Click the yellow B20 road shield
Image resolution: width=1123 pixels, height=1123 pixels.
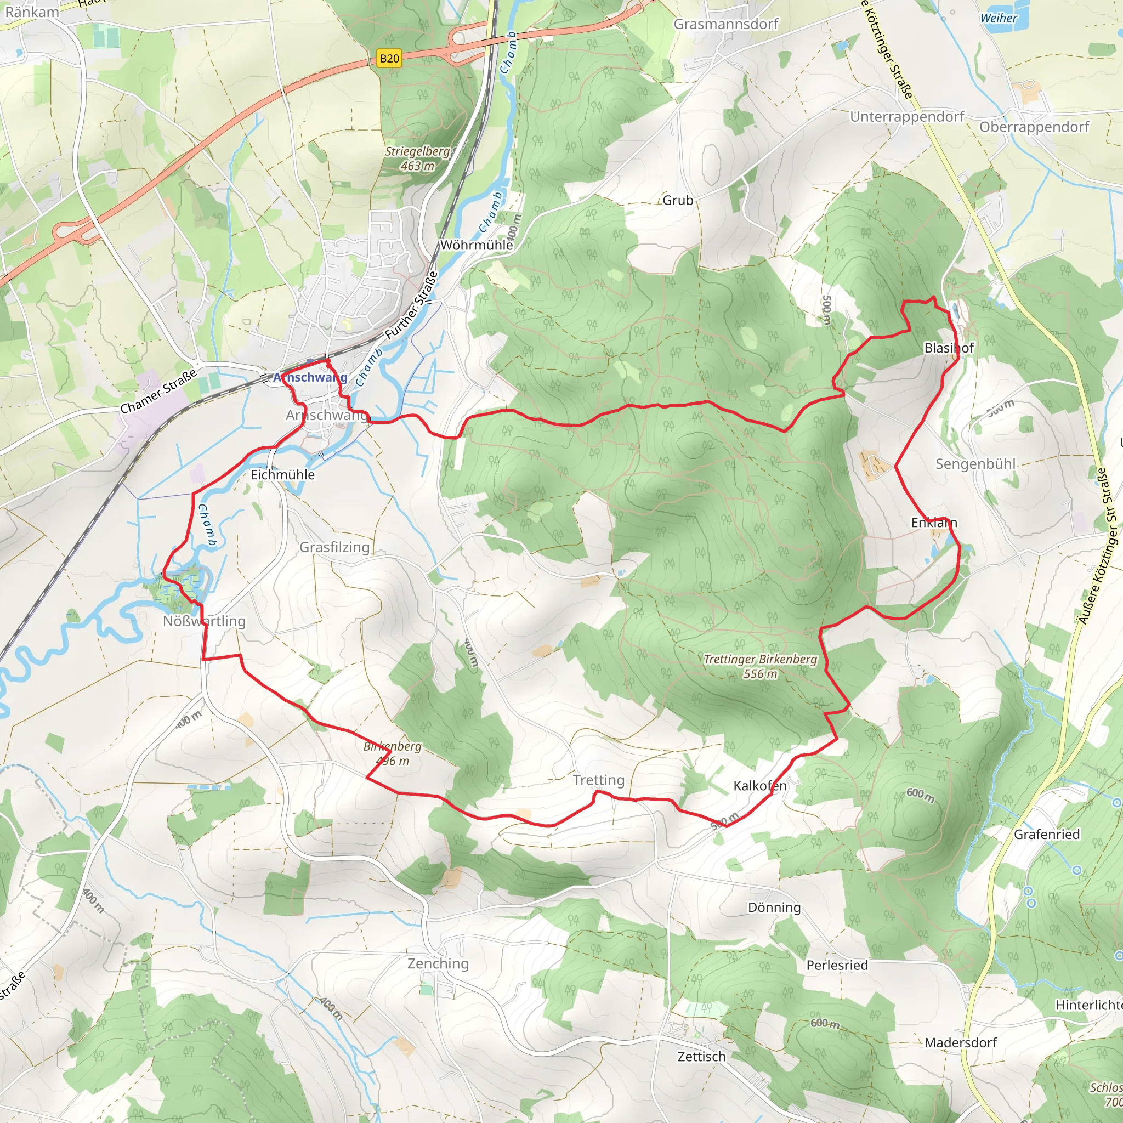point(389,58)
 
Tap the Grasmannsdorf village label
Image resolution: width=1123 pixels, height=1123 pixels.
point(725,24)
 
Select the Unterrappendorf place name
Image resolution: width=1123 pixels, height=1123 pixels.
point(907,117)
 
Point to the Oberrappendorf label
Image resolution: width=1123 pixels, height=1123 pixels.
point(1034,127)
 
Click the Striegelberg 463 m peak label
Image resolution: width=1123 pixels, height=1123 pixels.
point(417,158)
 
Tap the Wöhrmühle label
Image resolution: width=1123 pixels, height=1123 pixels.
point(476,245)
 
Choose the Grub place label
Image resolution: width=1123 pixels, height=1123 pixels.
point(678,200)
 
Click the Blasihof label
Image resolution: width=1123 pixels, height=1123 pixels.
point(949,348)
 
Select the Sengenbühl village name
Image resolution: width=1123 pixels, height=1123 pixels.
point(975,464)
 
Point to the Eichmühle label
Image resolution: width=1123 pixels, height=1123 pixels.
point(282,474)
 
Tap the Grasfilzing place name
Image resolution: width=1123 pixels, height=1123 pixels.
point(334,547)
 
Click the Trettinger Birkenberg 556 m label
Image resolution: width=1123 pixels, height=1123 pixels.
point(761,666)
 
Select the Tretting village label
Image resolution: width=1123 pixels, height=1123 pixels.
point(598,780)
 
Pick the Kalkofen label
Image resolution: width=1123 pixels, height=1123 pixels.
point(759,785)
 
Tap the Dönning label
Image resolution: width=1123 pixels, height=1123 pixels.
point(774,907)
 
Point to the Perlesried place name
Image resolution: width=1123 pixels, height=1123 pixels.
point(836,965)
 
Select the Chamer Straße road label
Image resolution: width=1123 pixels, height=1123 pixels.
point(158,392)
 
